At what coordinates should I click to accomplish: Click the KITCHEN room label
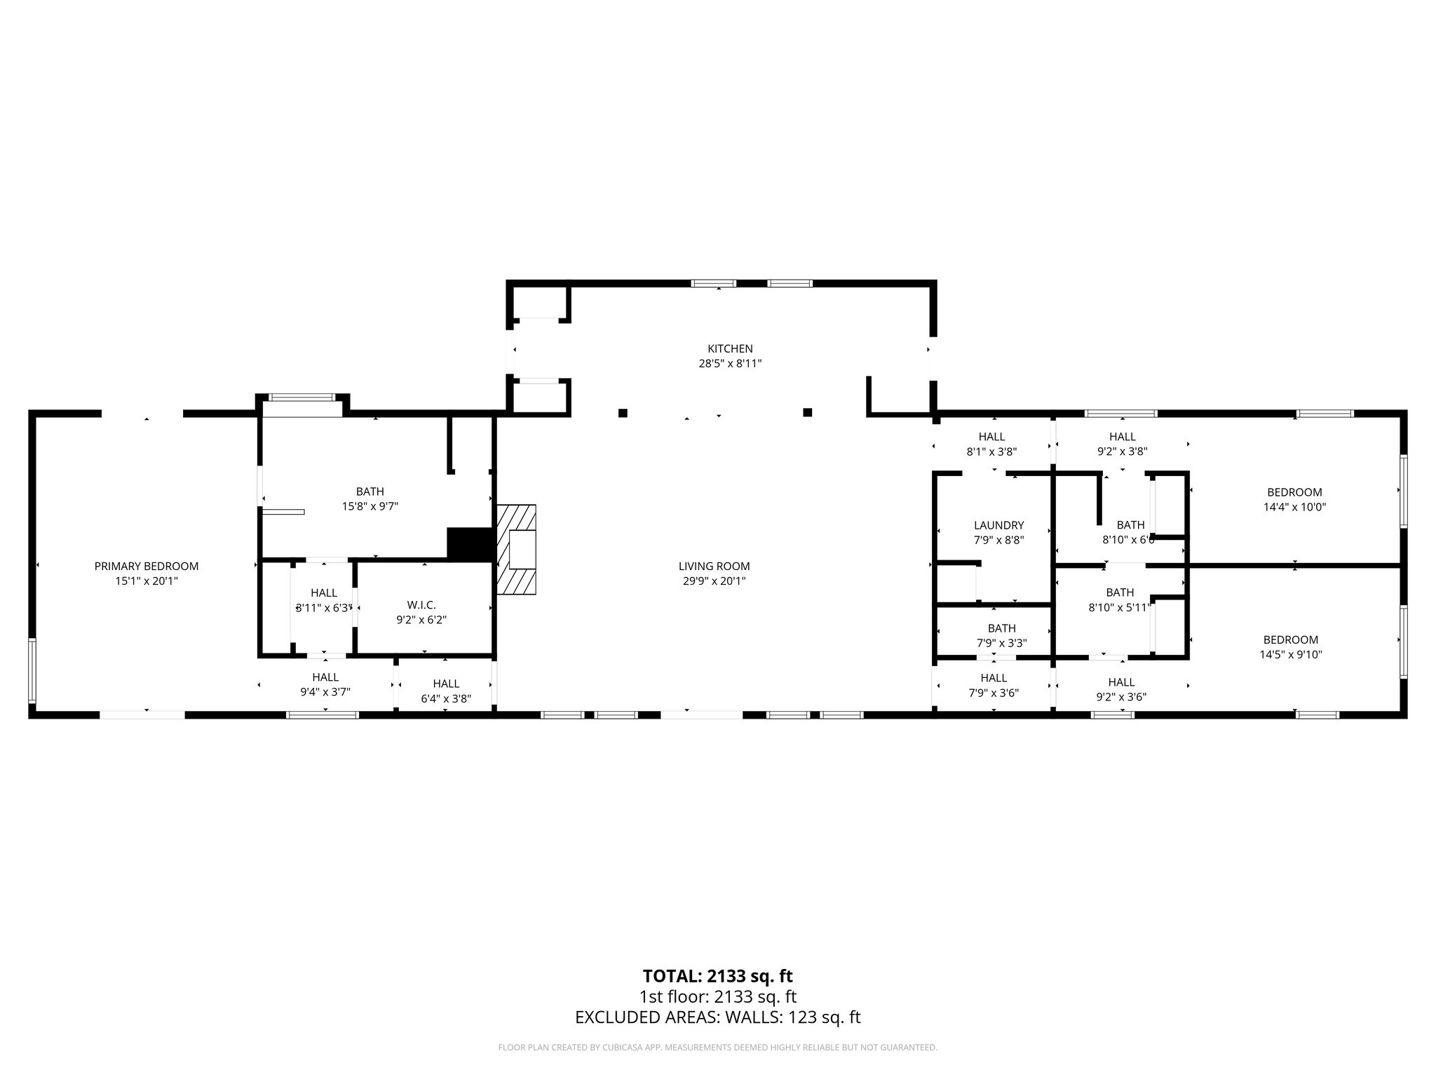point(730,348)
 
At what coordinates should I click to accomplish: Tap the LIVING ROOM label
point(714,566)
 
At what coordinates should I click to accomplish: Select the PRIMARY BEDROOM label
point(147,566)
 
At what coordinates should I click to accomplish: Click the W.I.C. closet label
point(421,604)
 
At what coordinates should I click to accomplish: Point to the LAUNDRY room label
point(998,525)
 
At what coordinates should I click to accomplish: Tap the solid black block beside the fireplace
point(470,544)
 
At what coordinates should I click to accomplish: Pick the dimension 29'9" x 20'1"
point(714,581)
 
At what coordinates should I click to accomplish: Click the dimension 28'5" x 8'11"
point(730,364)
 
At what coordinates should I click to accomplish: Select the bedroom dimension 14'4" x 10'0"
point(1294,507)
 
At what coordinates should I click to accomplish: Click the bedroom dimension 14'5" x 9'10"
point(1291,655)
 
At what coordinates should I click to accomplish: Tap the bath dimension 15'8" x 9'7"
point(370,506)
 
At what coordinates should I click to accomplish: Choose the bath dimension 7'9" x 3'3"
point(1001,643)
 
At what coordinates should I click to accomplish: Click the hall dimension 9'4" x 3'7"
point(325,691)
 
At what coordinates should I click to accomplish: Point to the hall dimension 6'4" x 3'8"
point(446,698)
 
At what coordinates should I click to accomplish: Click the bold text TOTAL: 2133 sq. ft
point(717,976)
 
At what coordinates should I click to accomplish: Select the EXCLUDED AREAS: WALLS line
point(717,1017)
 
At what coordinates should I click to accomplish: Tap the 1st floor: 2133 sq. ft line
point(717,996)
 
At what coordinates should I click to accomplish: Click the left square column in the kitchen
point(623,413)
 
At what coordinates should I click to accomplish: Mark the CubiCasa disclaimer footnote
point(717,1048)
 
